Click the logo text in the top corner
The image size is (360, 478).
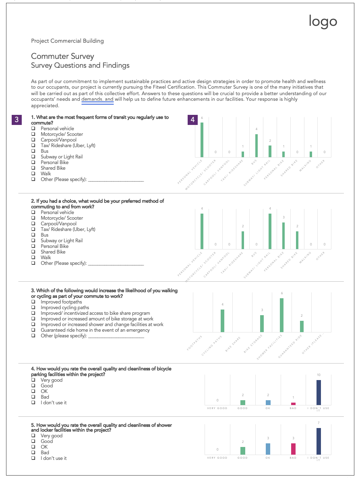click(323, 21)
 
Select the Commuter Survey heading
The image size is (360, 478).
click(62, 56)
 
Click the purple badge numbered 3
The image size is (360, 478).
click(17, 119)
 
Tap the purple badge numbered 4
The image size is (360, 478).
click(193, 120)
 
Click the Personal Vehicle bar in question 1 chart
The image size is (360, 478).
click(202, 140)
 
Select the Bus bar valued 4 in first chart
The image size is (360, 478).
click(256, 145)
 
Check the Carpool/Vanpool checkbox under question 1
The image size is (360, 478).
click(33, 140)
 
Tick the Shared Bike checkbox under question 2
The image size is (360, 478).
click(33, 252)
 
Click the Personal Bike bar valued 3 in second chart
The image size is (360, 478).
click(283, 236)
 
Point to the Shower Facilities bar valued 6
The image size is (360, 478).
click(282, 315)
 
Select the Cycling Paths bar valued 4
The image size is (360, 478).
click(222, 320)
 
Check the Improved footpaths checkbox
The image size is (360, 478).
click(33, 302)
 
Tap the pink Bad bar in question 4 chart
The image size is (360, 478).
click(293, 403)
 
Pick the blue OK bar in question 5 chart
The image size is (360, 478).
click(268, 449)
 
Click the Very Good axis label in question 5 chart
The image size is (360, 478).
click(217, 458)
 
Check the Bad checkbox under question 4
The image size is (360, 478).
click(33, 397)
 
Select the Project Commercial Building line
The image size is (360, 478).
click(67, 41)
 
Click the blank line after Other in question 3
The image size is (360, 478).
click(116, 336)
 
